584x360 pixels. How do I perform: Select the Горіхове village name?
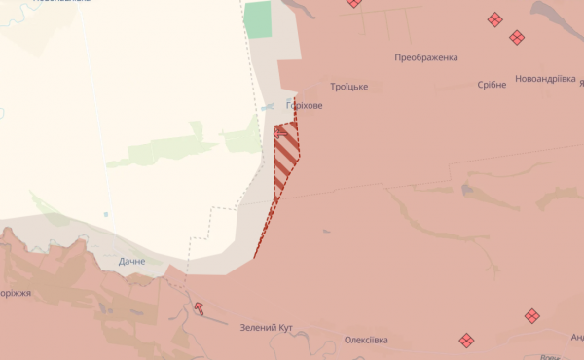(x=304, y=105)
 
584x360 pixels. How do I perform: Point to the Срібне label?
(x=492, y=85)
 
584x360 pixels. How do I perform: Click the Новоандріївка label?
(x=545, y=80)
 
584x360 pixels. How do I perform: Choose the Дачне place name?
(x=131, y=262)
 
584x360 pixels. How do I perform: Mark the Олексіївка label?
(x=366, y=341)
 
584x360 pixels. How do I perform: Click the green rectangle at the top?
(x=258, y=19)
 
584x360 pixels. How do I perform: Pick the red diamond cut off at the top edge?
(x=353, y=3)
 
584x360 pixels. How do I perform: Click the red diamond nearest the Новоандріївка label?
(x=517, y=38)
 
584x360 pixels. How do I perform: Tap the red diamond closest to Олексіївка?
(x=466, y=340)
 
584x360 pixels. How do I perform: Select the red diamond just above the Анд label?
(x=531, y=315)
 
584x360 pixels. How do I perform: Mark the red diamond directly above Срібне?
(x=494, y=18)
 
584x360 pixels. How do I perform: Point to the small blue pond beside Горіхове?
(x=267, y=107)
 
